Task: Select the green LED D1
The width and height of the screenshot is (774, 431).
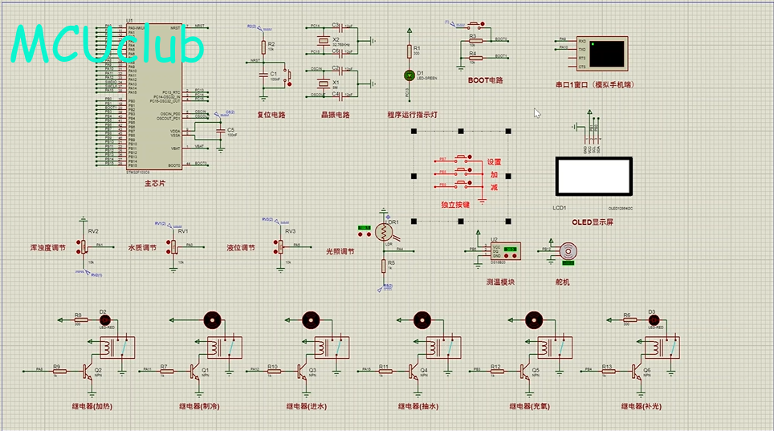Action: coord(409,75)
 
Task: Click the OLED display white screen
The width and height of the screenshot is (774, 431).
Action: coord(594,175)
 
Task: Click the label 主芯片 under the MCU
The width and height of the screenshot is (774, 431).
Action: coord(155,184)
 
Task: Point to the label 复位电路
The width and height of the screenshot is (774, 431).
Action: coord(271,115)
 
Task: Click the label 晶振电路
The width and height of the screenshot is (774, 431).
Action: coord(336,115)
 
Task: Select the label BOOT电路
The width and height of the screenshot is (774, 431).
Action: coord(485,80)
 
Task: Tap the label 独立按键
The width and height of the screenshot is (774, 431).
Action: coord(455,205)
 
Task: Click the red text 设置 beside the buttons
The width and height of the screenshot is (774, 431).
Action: coord(494,162)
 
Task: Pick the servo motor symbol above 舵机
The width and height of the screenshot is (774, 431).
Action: coord(569,250)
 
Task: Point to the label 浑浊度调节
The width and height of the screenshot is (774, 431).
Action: coord(47,248)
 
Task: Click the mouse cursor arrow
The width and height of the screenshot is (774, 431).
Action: coord(537,112)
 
